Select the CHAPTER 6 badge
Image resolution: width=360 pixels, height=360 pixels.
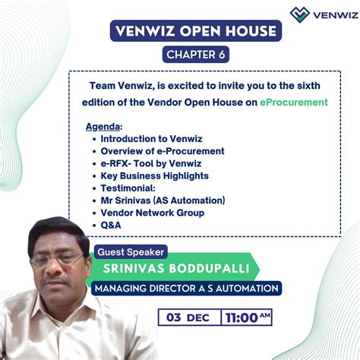[195, 55]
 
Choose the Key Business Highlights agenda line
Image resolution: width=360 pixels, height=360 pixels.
[154, 175]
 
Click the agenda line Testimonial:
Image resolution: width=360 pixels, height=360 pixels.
[128, 188]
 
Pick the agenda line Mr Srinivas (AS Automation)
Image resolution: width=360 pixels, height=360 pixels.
[163, 200]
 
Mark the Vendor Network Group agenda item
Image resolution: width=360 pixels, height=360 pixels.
[152, 213]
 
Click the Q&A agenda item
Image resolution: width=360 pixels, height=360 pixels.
[111, 225]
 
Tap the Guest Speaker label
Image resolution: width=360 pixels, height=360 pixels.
[130, 251]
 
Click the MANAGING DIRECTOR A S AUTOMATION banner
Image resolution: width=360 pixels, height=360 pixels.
[186, 289]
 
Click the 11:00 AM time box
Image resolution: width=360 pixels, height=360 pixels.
[247, 317]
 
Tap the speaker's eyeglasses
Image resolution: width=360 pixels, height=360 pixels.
[59, 259]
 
